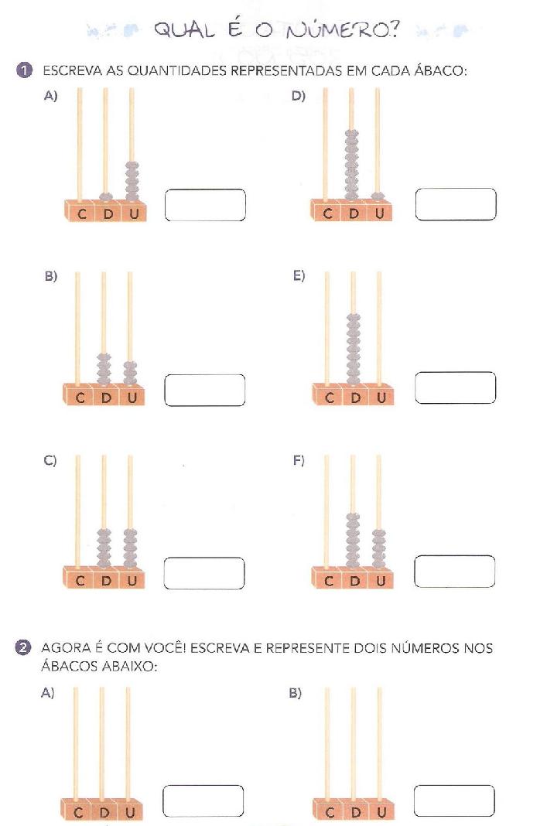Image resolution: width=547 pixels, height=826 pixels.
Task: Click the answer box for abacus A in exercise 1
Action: (x=205, y=205)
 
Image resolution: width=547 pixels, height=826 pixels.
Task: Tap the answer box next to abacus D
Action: (x=455, y=204)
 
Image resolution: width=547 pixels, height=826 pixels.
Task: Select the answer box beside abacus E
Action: (x=455, y=387)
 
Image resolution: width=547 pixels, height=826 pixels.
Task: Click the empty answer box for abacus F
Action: (x=455, y=571)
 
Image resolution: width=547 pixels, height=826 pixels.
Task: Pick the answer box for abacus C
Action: (x=204, y=573)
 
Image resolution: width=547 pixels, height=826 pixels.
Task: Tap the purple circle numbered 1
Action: (x=24, y=70)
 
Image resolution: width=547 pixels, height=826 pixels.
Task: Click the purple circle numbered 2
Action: (x=22, y=647)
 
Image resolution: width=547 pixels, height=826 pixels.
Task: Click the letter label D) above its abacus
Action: (x=299, y=96)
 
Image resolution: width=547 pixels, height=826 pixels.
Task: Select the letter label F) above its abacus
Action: (x=299, y=460)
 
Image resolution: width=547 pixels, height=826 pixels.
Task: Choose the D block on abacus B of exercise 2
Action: (x=354, y=811)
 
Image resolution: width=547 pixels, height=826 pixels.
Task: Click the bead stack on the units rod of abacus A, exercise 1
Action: (x=132, y=181)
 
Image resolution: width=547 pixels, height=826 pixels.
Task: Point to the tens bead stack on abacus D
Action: (x=351, y=164)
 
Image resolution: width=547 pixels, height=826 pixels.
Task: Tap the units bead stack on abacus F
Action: (x=378, y=548)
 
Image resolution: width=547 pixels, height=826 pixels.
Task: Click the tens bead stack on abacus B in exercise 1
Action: (x=104, y=368)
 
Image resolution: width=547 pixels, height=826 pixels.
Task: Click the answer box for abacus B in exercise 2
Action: (x=454, y=800)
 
